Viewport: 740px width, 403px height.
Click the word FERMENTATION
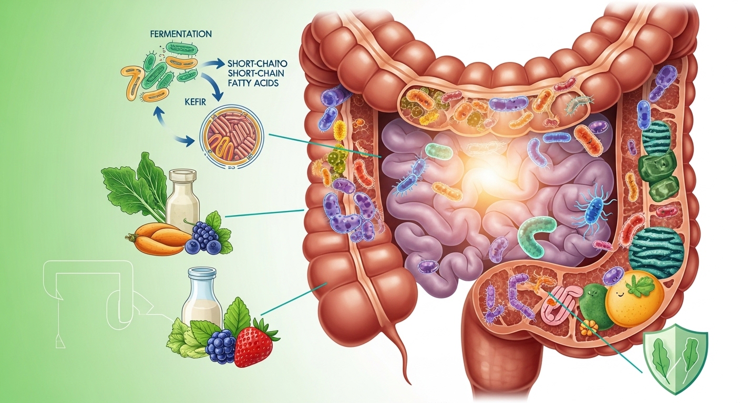click(181, 34)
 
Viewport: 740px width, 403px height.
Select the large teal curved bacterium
click(536, 235)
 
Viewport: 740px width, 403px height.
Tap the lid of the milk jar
click(201, 273)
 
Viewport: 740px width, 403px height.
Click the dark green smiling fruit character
click(593, 306)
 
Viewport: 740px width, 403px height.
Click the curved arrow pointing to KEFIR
click(211, 84)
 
